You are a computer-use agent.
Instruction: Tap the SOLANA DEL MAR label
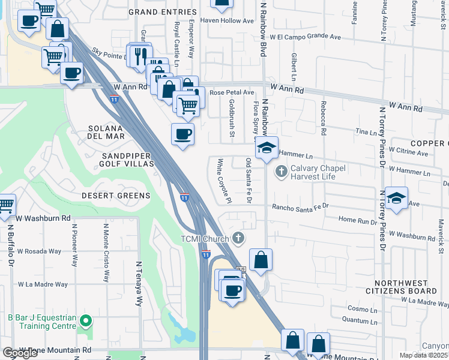(106, 132)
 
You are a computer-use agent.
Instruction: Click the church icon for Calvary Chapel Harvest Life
(280, 172)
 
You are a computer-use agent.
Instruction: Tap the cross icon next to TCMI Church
(238, 239)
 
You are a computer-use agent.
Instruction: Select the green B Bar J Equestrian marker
(85, 322)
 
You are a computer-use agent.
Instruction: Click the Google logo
(20, 353)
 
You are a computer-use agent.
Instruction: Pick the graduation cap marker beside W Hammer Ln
(267, 148)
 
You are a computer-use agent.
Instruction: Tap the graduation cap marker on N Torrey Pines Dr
(397, 198)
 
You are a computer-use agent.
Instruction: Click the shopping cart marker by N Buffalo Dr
(5, 206)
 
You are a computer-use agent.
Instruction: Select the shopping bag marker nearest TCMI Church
(261, 260)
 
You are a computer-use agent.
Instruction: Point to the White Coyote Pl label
(224, 181)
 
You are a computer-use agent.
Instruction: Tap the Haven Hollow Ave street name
(231, 20)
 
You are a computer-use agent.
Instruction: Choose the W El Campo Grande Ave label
(306, 37)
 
